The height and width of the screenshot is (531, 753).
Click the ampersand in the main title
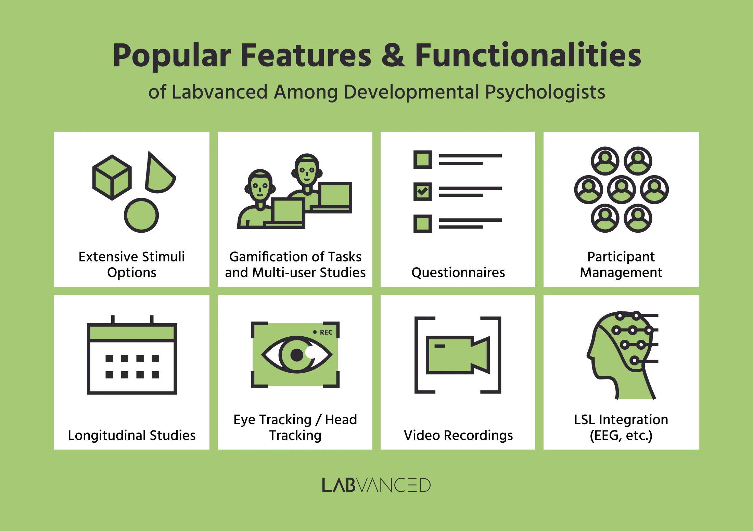393,55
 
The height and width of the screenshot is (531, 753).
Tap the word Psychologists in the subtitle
545,92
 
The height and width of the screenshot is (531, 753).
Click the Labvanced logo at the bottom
376,485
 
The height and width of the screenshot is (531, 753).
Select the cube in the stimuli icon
112,177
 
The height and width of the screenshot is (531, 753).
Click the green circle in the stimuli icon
141,216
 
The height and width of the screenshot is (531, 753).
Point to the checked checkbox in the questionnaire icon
422,191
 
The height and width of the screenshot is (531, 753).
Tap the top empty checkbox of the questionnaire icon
422,159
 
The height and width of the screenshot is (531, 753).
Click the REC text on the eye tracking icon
326,332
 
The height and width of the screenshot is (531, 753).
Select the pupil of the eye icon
297,355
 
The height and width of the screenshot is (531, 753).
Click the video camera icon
457,355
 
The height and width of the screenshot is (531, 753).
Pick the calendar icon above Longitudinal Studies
132,356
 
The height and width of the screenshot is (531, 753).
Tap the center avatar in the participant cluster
621,190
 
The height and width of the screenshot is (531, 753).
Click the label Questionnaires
458,273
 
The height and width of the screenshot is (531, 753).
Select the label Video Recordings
458,436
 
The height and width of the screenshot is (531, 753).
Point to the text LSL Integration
621,419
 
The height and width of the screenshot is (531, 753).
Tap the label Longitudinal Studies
132,436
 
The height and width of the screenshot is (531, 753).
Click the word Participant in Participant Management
621,257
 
